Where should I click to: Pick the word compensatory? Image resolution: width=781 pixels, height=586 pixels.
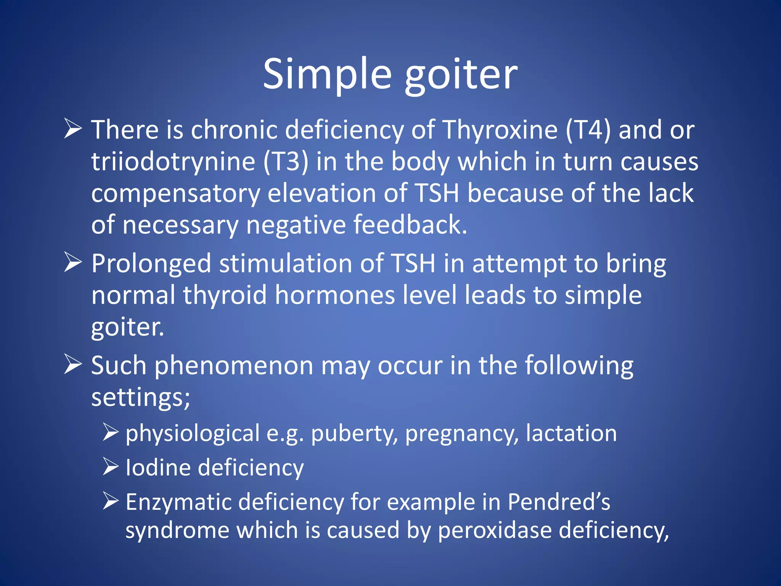click(175, 194)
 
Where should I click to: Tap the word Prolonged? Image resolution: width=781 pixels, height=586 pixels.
click(151, 264)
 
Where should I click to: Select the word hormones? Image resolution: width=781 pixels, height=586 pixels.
click(335, 295)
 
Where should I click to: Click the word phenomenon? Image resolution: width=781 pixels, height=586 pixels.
click(234, 366)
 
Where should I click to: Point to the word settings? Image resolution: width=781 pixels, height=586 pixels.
click(140, 398)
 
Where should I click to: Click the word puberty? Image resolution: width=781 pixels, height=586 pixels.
click(354, 434)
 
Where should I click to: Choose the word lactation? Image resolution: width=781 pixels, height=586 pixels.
click(571, 433)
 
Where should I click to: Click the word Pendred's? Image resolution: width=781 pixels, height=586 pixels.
click(559, 502)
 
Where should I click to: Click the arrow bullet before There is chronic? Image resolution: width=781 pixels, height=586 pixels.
click(72, 129)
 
